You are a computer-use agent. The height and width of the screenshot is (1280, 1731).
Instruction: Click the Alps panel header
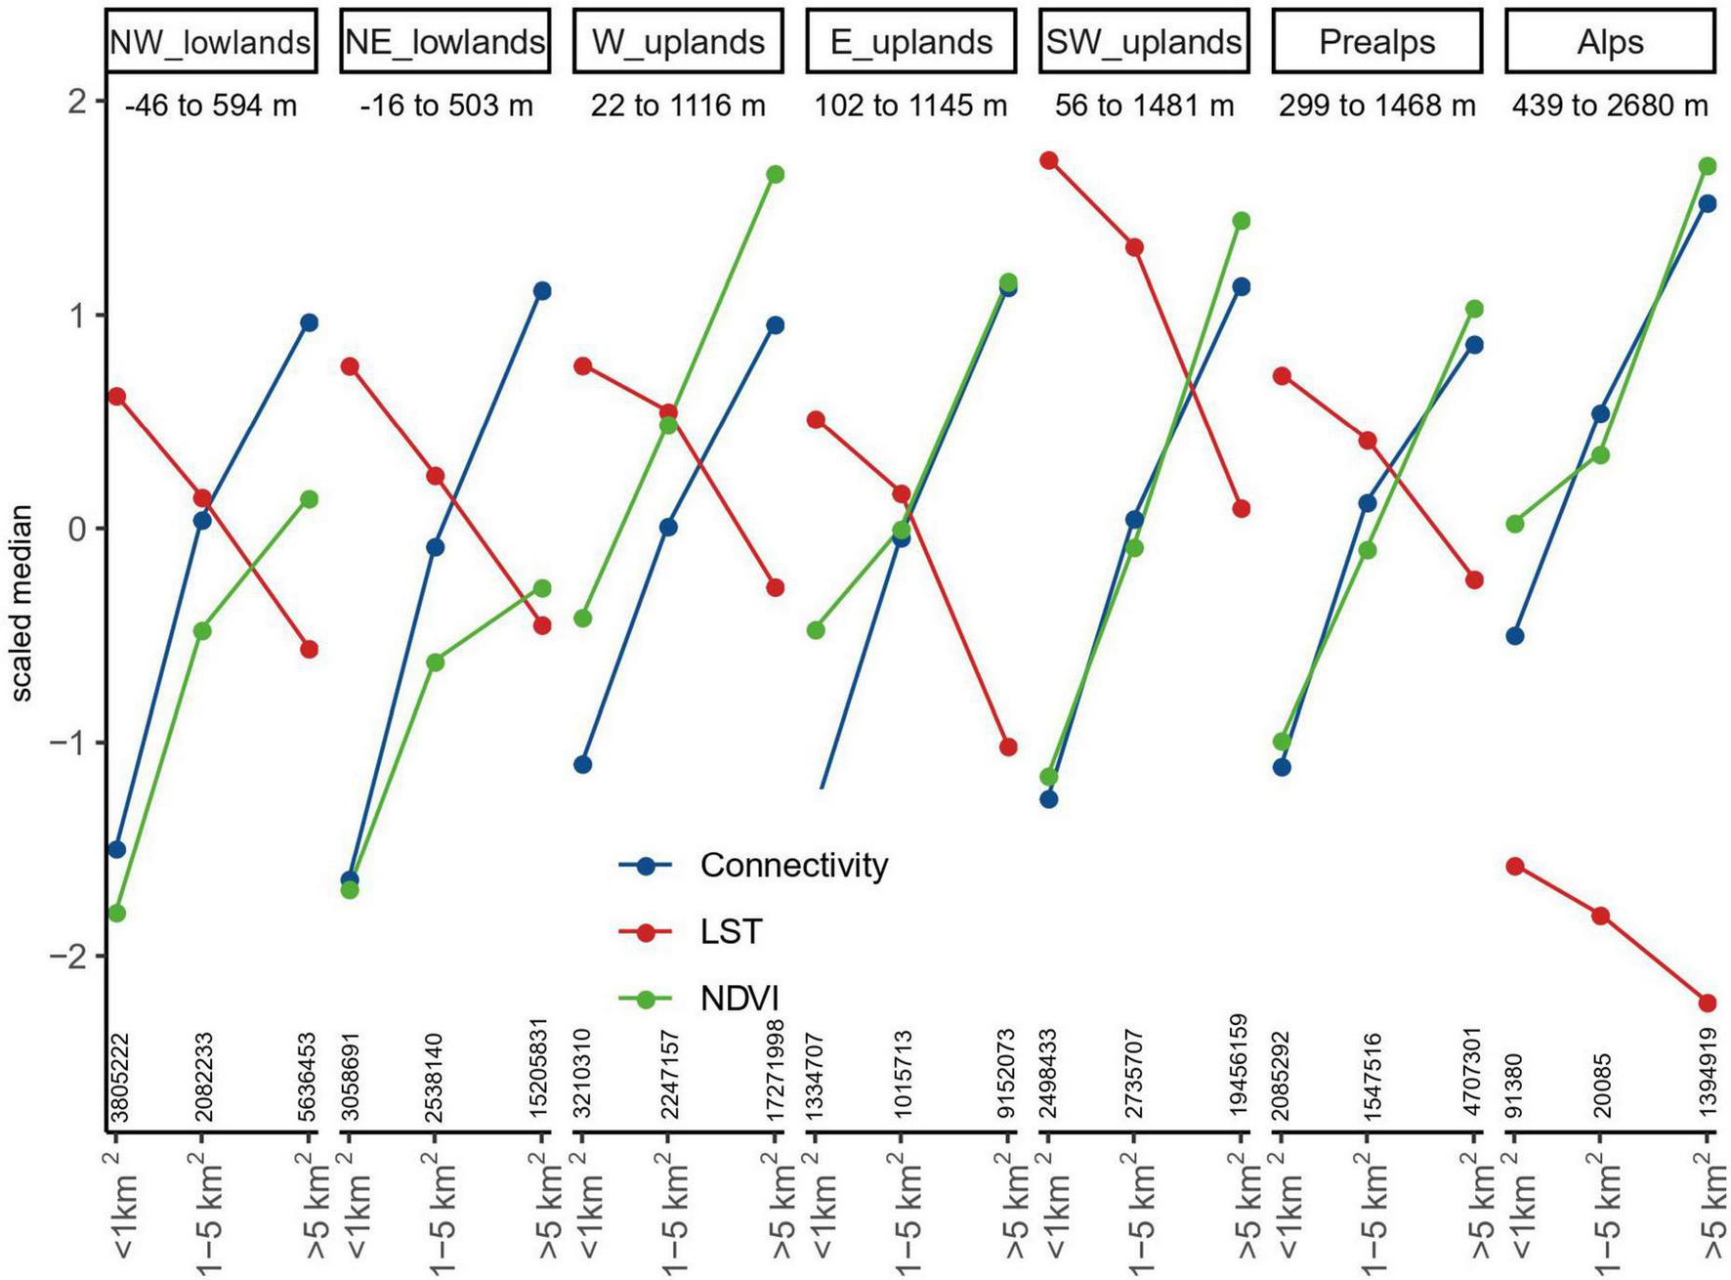(1609, 42)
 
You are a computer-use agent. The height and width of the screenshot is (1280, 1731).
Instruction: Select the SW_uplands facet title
(1143, 42)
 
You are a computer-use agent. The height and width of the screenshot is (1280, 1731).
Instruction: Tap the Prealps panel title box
(1376, 42)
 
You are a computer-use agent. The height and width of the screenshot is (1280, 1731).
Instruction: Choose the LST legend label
(730, 932)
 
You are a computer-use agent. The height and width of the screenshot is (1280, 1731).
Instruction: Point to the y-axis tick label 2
(77, 101)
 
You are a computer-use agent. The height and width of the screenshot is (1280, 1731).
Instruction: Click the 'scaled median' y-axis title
(21, 603)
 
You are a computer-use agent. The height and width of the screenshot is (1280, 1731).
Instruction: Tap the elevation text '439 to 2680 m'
(1609, 106)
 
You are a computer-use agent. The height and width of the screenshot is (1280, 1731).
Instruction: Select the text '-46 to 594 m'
(211, 106)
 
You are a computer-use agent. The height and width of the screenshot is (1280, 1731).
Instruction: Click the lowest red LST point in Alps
(1708, 1003)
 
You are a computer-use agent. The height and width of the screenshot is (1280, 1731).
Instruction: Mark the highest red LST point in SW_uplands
(1049, 160)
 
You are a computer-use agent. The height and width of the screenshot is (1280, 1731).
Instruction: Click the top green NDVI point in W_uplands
(775, 175)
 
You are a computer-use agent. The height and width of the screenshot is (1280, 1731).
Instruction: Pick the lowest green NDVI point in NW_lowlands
(117, 914)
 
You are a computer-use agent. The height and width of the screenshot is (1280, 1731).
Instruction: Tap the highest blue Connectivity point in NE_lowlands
(542, 291)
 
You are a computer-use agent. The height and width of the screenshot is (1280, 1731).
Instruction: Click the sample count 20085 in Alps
(1602, 1085)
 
